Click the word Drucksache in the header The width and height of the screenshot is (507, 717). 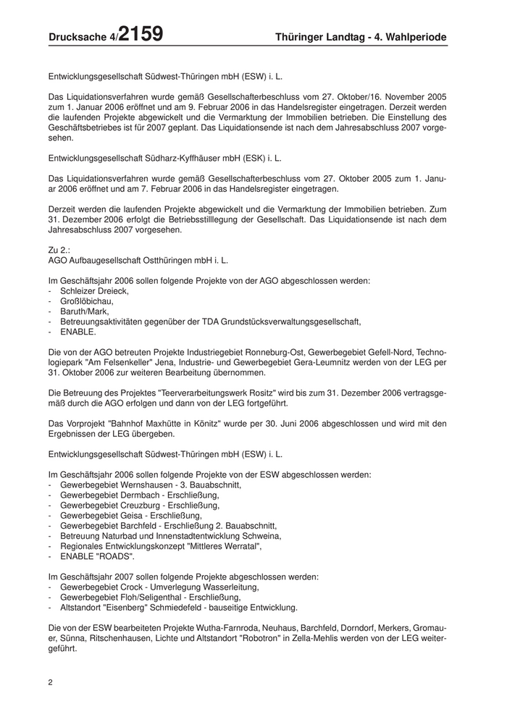pos(77,37)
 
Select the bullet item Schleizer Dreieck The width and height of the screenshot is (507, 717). pos(94,291)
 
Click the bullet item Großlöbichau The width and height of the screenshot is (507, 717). pos(86,301)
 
